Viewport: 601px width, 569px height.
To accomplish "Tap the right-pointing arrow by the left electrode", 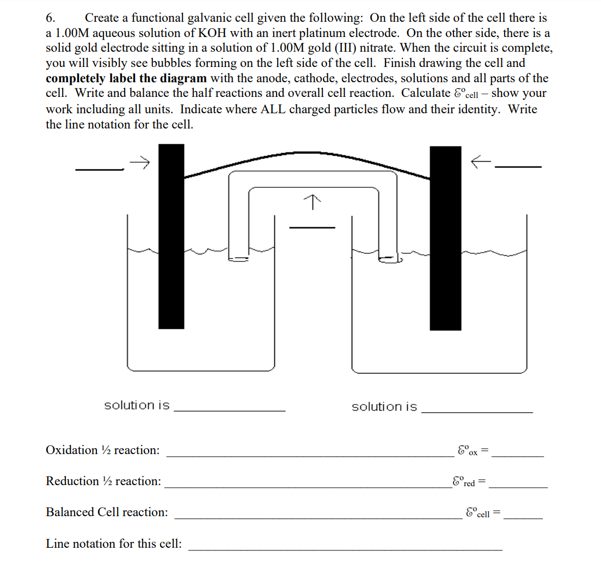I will coord(140,162).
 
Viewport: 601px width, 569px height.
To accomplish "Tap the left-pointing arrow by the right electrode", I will coord(481,161).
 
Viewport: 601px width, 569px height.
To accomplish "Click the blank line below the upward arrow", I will coord(311,227).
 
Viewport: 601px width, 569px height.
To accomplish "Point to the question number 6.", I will coord(50,18).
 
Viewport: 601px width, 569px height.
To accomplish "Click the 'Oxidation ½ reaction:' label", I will coord(103,450).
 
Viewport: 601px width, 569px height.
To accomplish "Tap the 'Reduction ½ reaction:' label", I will coord(103,481).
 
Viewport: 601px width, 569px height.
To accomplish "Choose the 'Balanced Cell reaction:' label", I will coord(107,512).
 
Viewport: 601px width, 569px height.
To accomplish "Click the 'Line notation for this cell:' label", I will coord(114,544).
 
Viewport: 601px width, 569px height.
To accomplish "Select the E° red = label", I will coord(469,482).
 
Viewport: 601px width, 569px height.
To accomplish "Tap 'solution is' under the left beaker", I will coord(137,406).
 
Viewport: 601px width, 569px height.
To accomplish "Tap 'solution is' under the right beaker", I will coord(384,407).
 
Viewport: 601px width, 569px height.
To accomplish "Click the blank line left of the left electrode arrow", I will coord(100,169).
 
